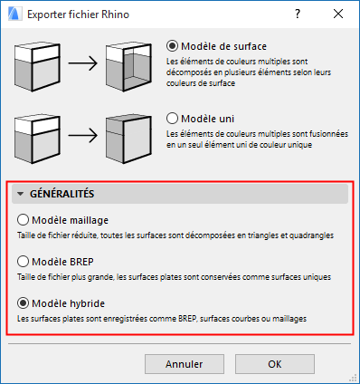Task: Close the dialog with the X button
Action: (x=337, y=15)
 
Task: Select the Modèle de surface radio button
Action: (x=173, y=45)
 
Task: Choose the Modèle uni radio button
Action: (x=173, y=118)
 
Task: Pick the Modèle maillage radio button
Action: (x=24, y=219)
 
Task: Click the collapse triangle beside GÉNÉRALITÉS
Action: (x=20, y=194)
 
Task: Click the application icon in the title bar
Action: (x=14, y=15)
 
